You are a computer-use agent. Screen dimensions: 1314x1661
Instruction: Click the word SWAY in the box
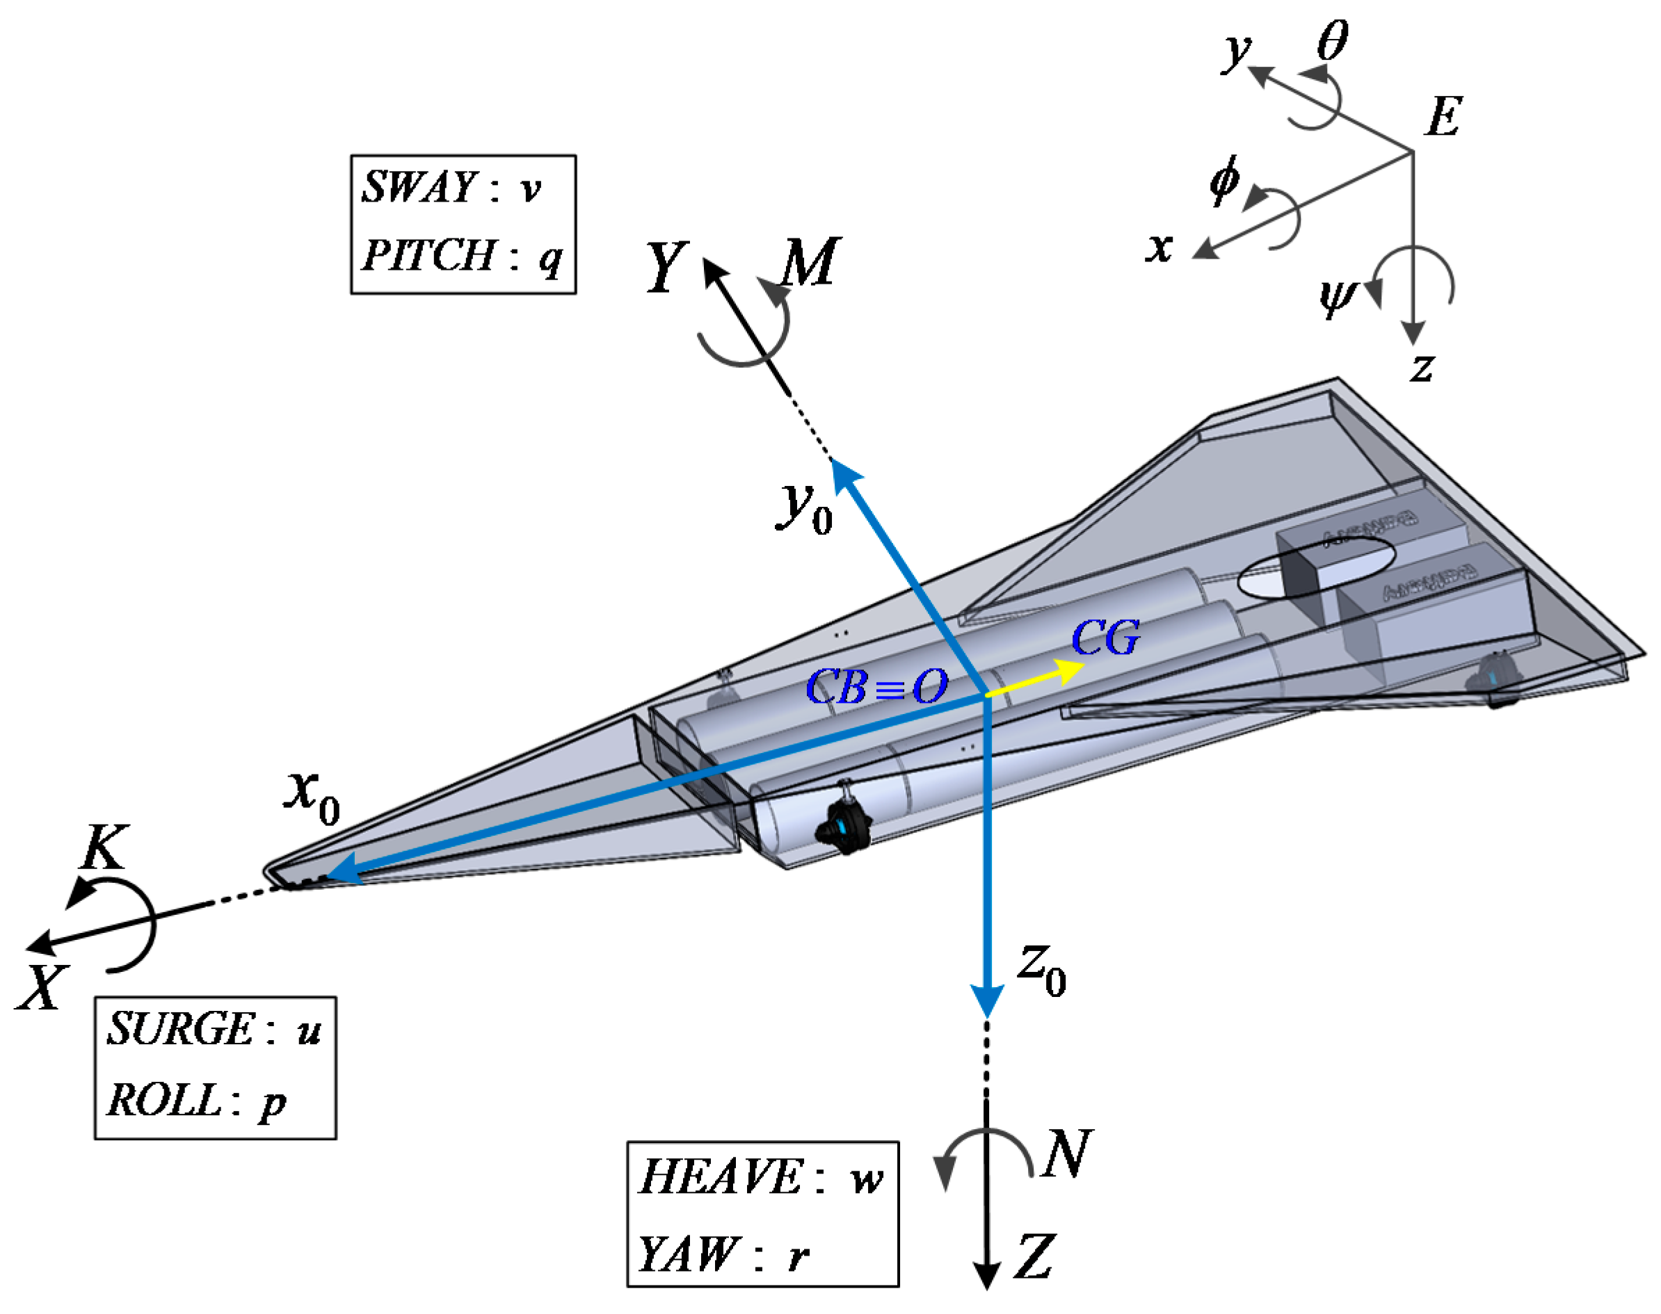(419, 187)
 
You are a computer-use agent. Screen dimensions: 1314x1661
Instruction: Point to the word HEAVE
(721, 1176)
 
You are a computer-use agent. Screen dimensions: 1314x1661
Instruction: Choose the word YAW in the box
(687, 1254)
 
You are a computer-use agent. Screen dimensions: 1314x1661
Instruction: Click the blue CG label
(1105, 638)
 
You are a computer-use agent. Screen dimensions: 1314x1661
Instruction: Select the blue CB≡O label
(876, 686)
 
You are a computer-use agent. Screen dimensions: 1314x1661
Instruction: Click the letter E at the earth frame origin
(1443, 117)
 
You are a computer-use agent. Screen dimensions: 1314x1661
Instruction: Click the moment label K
(104, 847)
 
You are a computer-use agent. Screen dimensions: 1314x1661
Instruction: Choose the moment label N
(1066, 1153)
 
